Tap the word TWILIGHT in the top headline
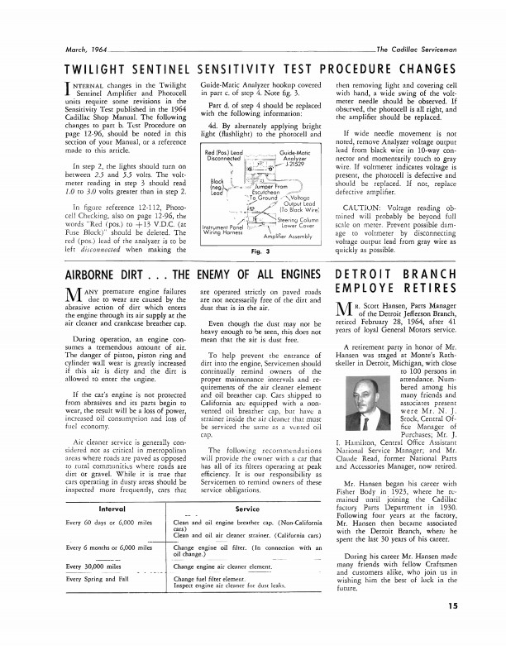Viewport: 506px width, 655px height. pyautogui.click(x=103, y=69)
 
